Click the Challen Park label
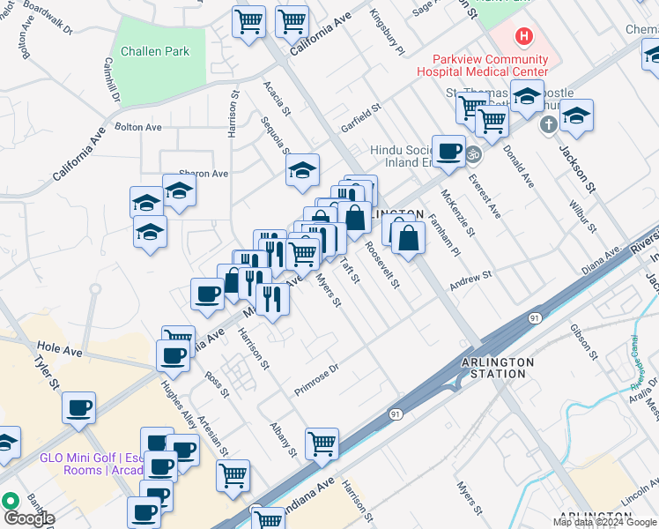pyautogui.click(x=155, y=51)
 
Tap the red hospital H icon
pyautogui.click(x=524, y=36)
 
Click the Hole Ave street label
pyautogui.click(x=60, y=350)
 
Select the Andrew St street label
pyautogui.click(x=470, y=281)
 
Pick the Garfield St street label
pyautogui.click(x=360, y=120)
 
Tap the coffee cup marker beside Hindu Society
pyautogui.click(x=448, y=151)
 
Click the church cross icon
pyautogui.click(x=547, y=123)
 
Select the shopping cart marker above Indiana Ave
pyautogui.click(x=322, y=443)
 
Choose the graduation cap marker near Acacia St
pyautogui.click(x=302, y=170)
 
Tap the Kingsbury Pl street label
pyautogui.click(x=387, y=32)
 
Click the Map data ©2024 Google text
pyautogui.click(x=604, y=522)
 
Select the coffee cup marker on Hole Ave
pyautogui.click(x=172, y=354)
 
